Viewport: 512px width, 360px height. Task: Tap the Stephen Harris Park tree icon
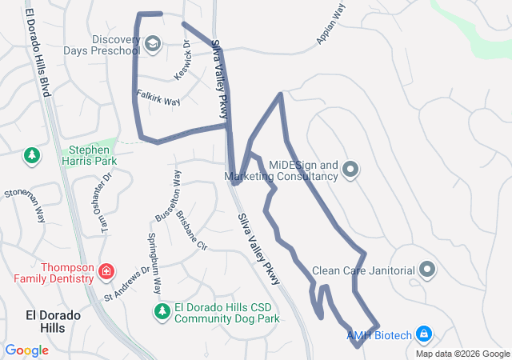(32, 155)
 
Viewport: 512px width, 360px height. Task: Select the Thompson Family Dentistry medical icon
(106, 272)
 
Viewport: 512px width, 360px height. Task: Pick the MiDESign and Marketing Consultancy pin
(350, 170)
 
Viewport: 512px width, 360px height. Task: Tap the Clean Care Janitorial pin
(426, 270)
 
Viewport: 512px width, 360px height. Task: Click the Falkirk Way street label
(158, 98)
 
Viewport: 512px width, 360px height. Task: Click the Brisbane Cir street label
(191, 230)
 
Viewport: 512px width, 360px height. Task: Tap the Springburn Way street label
(154, 262)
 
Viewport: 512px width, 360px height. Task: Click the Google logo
(26, 350)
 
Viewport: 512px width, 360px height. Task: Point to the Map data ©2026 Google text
(462, 354)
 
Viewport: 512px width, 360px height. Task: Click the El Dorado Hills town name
(54, 322)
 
